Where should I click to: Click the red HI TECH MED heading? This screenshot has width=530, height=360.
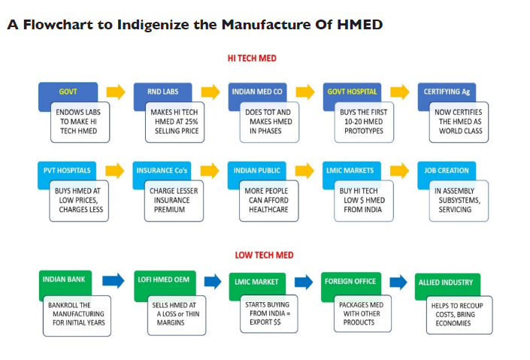252,59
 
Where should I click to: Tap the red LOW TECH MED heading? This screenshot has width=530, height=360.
264,256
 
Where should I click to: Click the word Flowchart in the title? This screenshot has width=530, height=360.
58,25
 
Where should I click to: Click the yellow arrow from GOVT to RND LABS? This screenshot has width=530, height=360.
116,92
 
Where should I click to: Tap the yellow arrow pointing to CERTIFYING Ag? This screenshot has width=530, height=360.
400,92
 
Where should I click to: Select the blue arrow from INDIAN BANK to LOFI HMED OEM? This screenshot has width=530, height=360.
114,280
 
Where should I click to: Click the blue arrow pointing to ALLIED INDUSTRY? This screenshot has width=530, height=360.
398,282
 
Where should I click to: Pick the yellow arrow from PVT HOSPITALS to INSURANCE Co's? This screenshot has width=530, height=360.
115,171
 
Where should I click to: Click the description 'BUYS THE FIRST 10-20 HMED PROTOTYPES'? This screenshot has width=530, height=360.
364,122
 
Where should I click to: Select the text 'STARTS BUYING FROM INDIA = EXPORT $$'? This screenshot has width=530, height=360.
268,313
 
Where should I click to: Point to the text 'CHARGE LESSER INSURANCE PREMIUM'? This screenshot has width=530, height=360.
174,201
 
